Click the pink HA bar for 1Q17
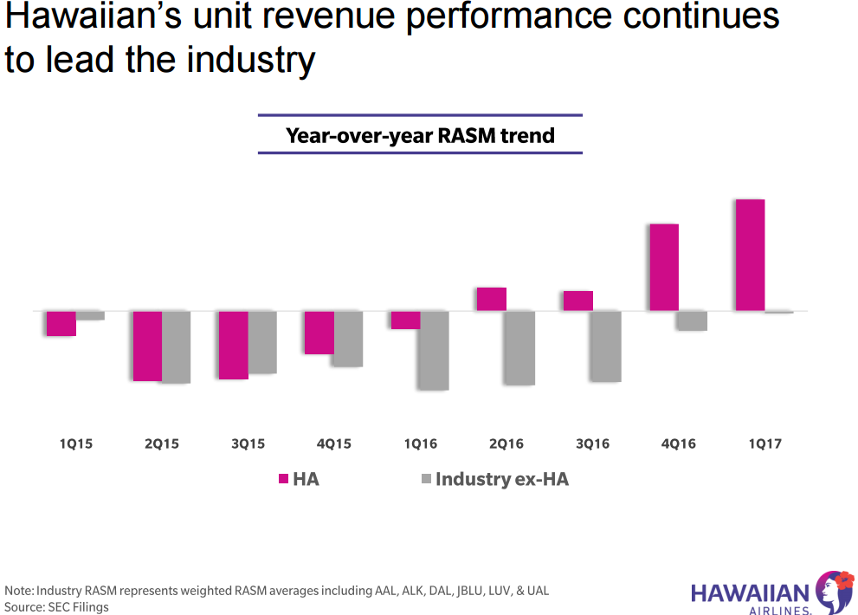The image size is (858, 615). coord(750,255)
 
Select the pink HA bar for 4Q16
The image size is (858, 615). coord(664,267)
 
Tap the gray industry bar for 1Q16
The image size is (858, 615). coord(434,350)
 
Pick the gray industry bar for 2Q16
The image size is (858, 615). coord(520,347)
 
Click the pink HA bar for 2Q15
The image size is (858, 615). coord(146,346)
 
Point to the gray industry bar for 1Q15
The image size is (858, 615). coord(90,315)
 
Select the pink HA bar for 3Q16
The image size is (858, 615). coord(578,301)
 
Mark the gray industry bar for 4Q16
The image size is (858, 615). coord(693,320)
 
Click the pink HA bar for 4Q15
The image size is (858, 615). coord(319,333)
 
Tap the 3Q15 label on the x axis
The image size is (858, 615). coord(248,443)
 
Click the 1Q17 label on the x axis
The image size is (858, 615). coord(764,443)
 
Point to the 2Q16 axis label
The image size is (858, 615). coord(506,443)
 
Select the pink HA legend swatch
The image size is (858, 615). coord(282,479)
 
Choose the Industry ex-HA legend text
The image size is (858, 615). coord(501,479)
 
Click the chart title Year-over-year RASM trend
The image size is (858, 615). coord(420,135)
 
